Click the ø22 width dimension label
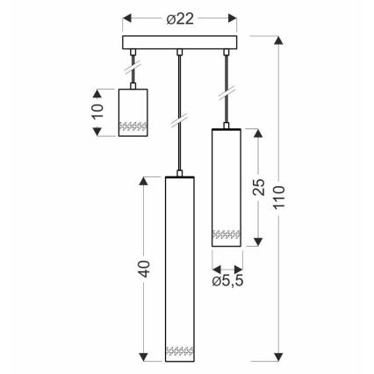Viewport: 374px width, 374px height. (x=179, y=18)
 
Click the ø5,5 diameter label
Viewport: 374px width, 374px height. (x=227, y=281)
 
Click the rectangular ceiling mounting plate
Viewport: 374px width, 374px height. (x=180, y=43)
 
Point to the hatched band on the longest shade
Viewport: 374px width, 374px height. (x=180, y=350)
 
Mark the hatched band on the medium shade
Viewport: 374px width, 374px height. (x=227, y=235)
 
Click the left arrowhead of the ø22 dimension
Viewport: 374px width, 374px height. (x=125, y=18)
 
